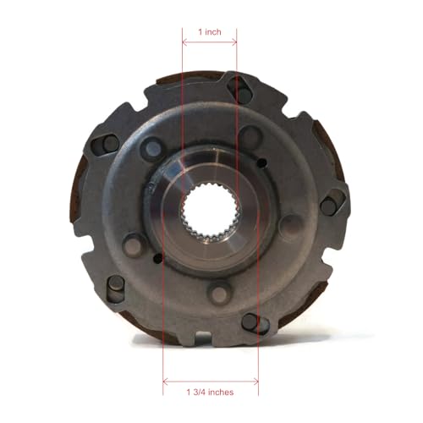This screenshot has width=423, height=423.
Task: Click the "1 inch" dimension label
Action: tap(210, 31)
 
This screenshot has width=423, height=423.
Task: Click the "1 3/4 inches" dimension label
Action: tap(211, 393)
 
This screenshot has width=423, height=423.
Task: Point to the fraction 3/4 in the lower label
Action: tap(200, 393)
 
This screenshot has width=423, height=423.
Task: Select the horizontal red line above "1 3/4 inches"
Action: tap(211, 378)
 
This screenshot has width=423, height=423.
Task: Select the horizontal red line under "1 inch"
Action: tap(210, 43)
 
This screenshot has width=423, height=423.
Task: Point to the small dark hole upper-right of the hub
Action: tap(262, 163)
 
